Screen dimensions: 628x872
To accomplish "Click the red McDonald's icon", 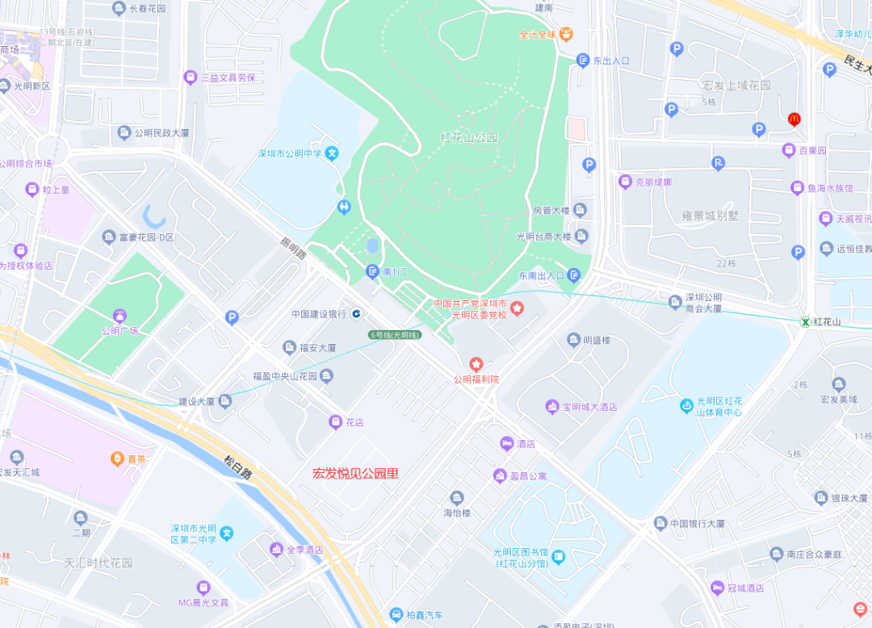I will tap(794, 119).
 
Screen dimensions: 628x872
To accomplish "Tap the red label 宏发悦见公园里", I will tap(355, 474).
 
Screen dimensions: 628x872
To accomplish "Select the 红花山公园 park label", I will tap(469, 137).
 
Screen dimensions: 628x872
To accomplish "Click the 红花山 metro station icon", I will tap(805, 321).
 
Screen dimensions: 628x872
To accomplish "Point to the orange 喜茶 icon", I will tap(117, 458).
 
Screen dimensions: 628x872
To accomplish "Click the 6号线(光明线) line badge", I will tap(395, 334).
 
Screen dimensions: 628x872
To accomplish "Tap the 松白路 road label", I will tap(237, 467).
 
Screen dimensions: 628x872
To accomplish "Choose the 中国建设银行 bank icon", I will tap(356, 313).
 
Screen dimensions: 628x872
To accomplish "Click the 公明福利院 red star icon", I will tap(476, 365).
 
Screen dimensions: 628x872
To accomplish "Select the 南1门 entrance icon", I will tap(372, 271).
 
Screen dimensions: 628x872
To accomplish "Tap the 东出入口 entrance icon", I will tap(583, 61).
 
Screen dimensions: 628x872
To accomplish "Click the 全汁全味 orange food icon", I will tap(566, 34).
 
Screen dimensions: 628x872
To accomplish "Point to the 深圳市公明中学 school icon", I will tap(332, 153).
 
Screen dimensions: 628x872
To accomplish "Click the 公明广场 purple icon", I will tap(120, 316).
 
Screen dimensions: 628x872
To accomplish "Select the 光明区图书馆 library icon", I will tap(558, 556).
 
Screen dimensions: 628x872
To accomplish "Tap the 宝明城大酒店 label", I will tap(589, 407).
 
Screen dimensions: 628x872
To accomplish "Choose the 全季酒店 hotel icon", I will tap(276, 550).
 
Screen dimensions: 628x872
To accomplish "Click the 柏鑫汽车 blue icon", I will tap(396, 614).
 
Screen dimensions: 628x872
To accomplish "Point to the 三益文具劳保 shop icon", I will tap(191, 77).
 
